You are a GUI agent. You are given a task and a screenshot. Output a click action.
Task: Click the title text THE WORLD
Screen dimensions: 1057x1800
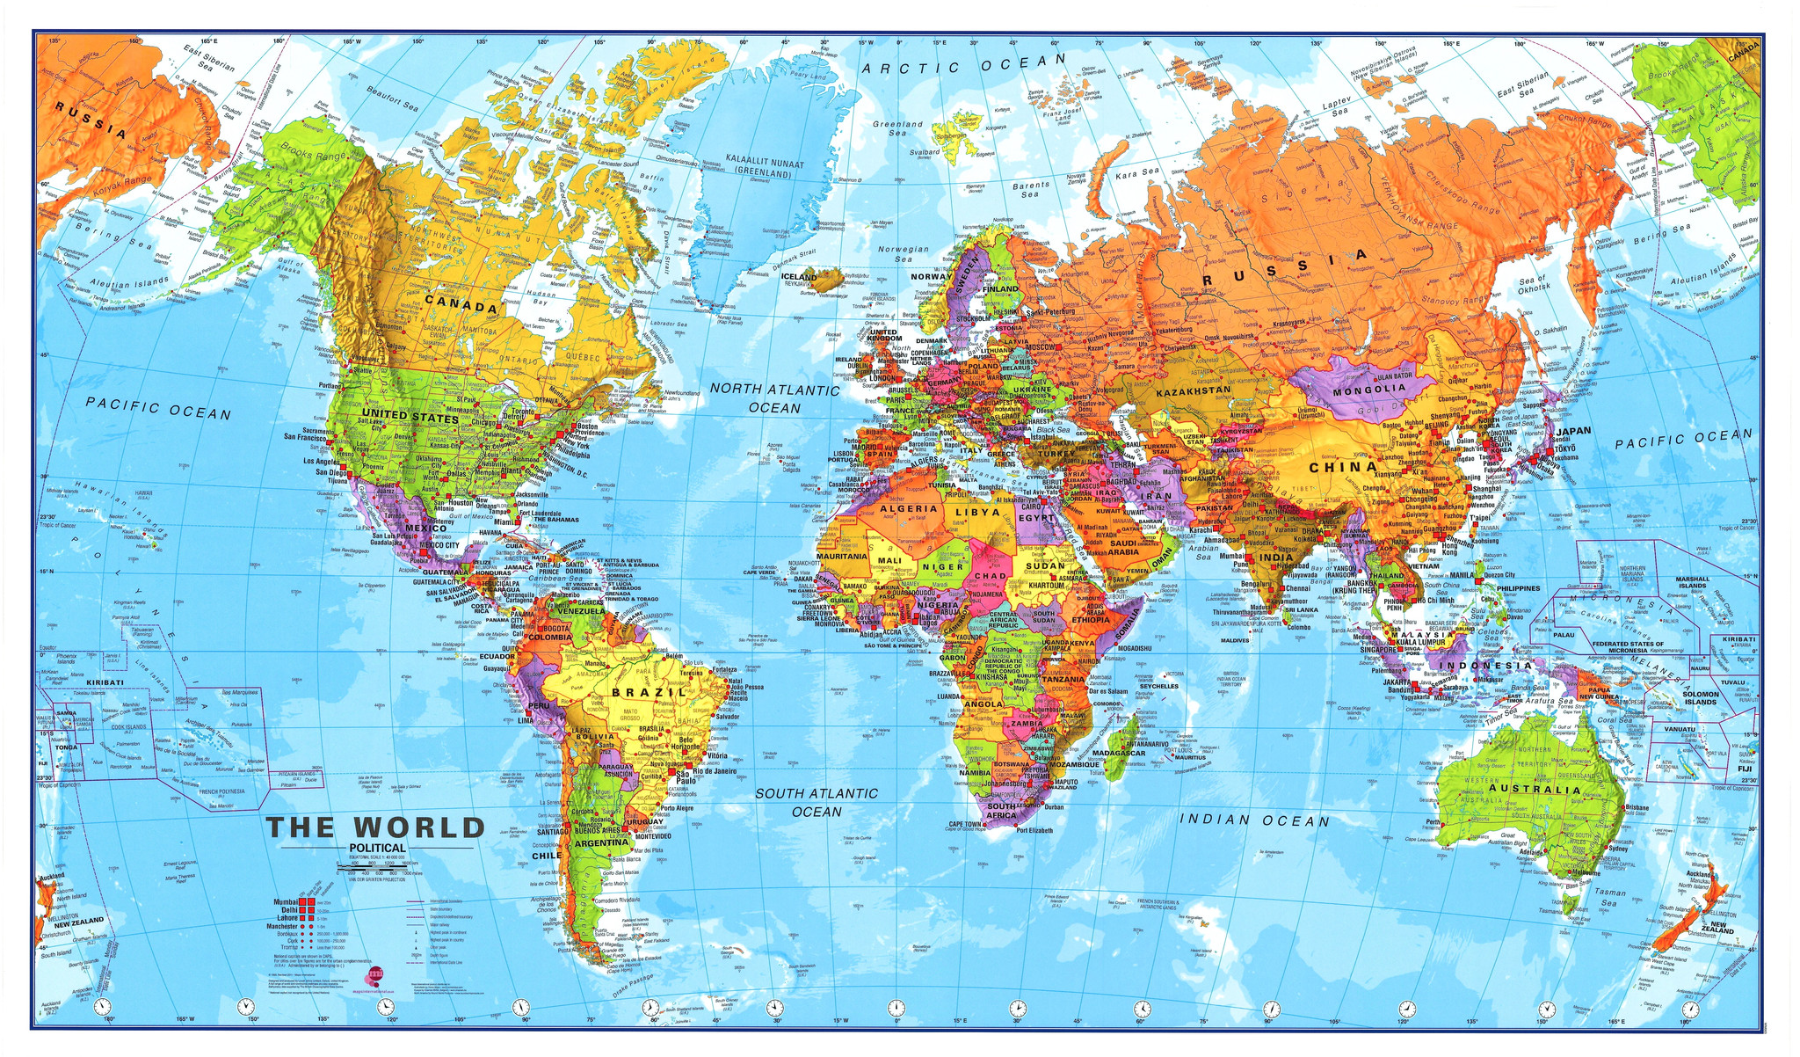coord(375,827)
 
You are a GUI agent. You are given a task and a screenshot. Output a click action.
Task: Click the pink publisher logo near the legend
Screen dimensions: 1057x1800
coord(376,973)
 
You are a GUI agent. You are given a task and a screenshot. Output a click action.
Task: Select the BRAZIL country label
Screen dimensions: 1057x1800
coord(649,693)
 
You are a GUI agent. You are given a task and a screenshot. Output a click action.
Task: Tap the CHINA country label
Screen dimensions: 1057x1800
coord(1342,468)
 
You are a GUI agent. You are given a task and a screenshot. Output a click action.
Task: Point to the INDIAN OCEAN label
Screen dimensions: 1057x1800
coord(1254,820)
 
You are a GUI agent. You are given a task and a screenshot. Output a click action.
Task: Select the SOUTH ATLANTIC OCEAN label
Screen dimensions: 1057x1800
coord(816,802)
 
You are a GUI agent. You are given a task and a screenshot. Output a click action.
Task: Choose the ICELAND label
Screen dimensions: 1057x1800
coord(799,276)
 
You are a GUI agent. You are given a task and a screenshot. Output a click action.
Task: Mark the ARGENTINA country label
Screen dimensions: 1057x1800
coord(599,842)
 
